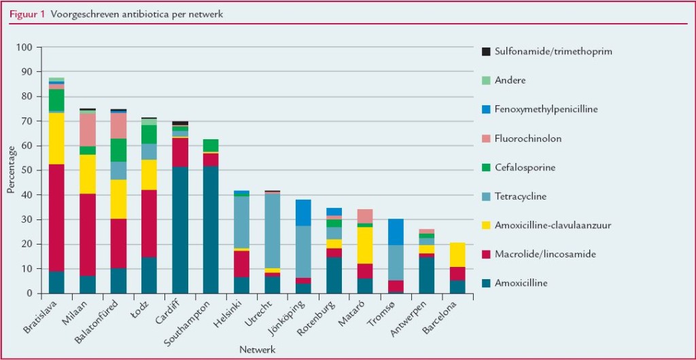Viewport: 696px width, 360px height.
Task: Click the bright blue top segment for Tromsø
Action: click(396, 232)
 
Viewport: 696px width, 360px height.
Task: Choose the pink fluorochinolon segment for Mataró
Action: click(365, 216)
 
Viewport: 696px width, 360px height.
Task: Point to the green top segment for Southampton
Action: click(211, 145)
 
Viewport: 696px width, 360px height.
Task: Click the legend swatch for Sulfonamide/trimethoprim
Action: click(486, 52)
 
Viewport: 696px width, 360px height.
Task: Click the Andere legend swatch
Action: click(486, 80)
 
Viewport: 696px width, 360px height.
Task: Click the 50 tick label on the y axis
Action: click(27, 170)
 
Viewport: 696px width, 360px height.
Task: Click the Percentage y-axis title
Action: click(11, 170)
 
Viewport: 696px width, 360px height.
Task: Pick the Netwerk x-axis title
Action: click(257, 349)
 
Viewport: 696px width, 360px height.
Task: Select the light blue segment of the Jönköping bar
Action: click(304, 251)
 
